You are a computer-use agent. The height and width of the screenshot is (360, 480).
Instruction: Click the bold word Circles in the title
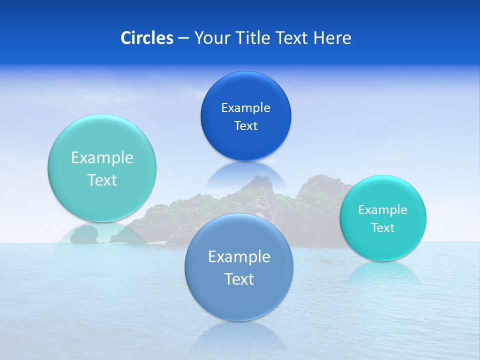tap(146, 38)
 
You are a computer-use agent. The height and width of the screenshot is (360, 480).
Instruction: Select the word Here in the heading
tap(332, 38)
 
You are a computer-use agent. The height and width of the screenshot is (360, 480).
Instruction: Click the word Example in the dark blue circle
tap(245, 108)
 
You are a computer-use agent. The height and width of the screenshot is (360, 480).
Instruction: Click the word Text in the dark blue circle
tap(245, 125)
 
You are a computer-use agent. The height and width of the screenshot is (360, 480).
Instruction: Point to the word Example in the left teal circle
tap(102, 158)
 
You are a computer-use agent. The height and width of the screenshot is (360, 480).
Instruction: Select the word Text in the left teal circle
tap(102, 180)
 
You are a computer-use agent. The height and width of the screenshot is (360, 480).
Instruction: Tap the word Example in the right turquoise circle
tap(382, 210)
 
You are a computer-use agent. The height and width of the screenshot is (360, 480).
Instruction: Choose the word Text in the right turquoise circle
tap(382, 228)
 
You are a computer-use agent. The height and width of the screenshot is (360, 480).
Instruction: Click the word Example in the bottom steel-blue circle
tap(239, 257)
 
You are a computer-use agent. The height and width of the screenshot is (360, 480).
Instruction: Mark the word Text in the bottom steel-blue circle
tap(239, 279)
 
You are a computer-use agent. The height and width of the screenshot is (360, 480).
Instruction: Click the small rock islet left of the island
tap(83, 234)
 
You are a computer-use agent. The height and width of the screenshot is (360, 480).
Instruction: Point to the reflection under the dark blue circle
tap(245, 172)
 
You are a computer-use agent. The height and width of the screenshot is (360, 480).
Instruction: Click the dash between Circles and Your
tap(183, 38)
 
